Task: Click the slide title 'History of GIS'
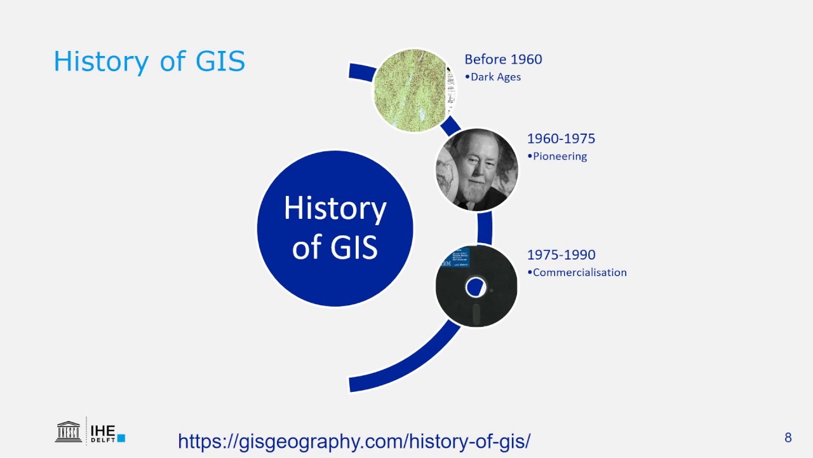point(149,62)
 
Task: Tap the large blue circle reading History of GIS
point(335,228)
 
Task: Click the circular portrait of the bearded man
point(478,170)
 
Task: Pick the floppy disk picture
point(476,286)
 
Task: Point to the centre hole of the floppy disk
point(475,288)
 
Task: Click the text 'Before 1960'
point(503,59)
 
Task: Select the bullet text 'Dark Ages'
point(495,77)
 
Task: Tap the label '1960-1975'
point(561,139)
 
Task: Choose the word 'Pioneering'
point(560,156)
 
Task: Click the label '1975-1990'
point(561,255)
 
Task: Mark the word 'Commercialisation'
point(579,272)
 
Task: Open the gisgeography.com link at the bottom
point(354,441)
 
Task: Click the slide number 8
point(788,438)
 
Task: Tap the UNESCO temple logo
point(69,431)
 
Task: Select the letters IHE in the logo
point(103,429)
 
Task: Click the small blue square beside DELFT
point(121,438)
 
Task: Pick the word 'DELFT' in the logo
point(102,439)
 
